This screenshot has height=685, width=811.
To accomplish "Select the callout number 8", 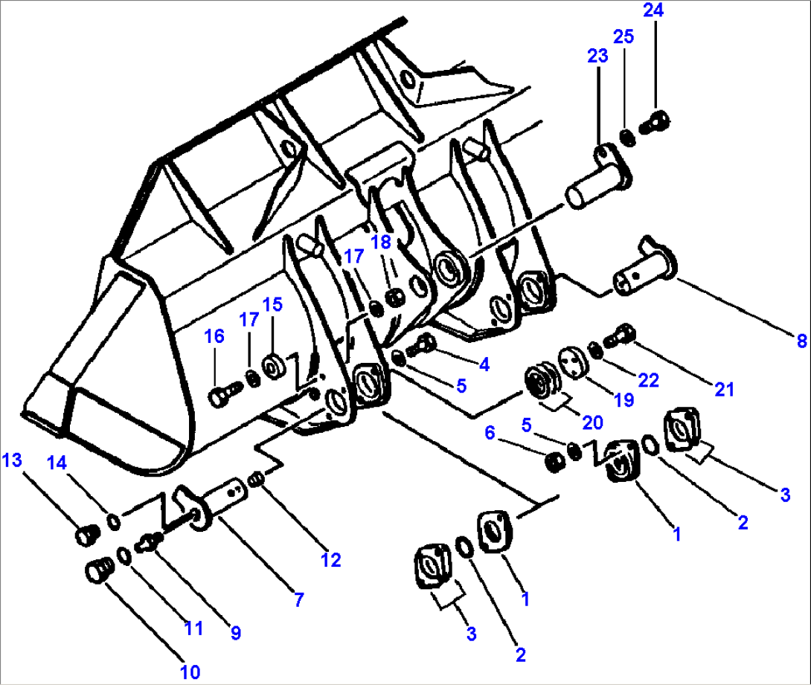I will [801, 341].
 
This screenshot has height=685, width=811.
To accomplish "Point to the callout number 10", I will [189, 672].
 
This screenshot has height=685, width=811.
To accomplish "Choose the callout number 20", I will [593, 422].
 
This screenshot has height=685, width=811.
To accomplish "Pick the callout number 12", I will [330, 559].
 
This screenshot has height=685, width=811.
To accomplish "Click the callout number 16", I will [214, 337].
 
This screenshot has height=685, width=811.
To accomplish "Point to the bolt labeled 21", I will [621, 337].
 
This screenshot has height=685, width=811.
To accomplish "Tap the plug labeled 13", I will [86, 534].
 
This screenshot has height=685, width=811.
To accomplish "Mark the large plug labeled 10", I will [97, 573].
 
